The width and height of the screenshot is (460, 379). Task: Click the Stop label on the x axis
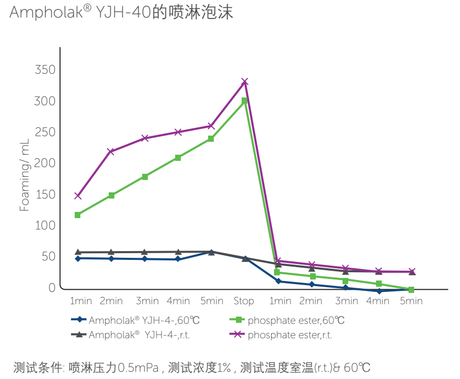pos(244,301)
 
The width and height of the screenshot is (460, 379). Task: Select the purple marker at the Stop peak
pos(245,81)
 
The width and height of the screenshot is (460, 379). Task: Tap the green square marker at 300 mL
pos(245,101)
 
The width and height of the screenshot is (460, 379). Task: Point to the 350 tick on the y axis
pos(45,70)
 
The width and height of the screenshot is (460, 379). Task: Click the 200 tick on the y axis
pos(45,163)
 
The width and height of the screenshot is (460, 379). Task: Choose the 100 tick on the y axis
pos(45,226)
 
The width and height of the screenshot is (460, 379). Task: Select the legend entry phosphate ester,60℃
pos(296,320)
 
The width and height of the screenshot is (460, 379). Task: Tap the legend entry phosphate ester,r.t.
pos(289,335)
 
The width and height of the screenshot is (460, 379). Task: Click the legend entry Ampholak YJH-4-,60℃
pos(144,320)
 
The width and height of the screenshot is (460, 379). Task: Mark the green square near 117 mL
pos(78,215)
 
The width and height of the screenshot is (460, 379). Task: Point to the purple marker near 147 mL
pos(78,196)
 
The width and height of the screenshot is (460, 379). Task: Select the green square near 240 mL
pos(211,139)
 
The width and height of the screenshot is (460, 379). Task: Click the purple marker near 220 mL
pos(111,152)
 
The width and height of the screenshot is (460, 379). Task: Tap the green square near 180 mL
pos(145,177)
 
